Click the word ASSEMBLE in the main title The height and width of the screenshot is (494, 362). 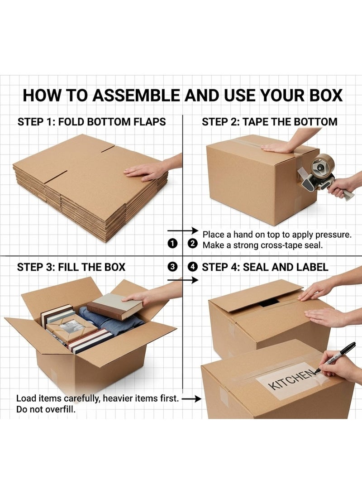coord(135,95)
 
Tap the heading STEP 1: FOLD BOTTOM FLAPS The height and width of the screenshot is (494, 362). coord(91,122)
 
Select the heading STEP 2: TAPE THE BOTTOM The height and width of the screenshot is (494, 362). coord(269,122)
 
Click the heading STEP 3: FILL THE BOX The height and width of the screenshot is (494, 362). coord(71,267)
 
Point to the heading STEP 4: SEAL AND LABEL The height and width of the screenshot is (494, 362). coord(265,267)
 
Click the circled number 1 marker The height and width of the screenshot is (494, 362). coord(172,244)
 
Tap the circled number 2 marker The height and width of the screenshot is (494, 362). coord(192,244)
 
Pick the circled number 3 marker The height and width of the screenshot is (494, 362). coord(172,267)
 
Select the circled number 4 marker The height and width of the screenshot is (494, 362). coord(192,267)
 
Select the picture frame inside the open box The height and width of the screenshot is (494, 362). coord(72,329)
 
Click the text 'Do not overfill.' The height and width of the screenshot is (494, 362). coord(46,409)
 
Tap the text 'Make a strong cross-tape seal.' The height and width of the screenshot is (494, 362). coord(263,245)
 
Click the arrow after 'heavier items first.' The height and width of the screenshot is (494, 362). coord(192,399)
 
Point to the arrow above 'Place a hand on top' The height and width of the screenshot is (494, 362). coord(183,230)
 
